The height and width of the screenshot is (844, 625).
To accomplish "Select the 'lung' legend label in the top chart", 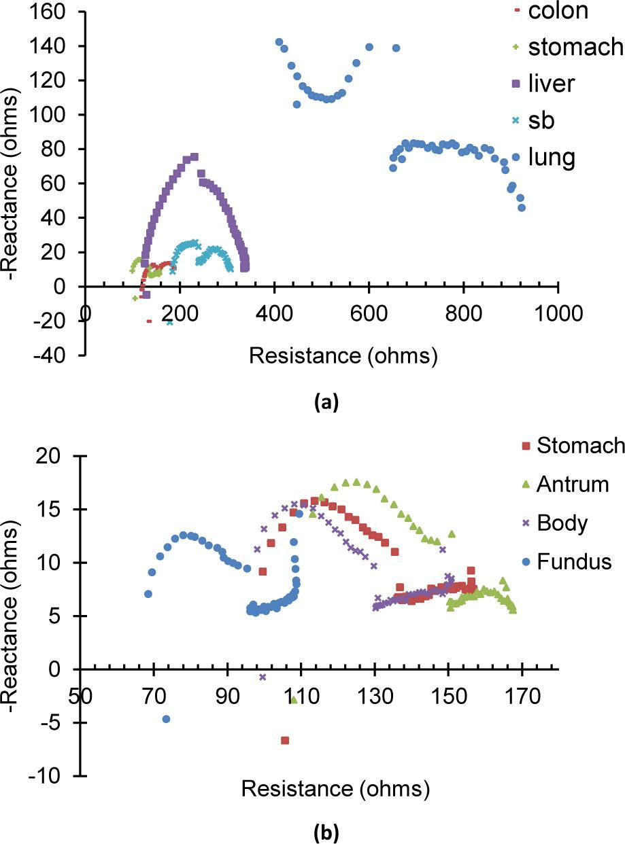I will pyautogui.click(x=552, y=157).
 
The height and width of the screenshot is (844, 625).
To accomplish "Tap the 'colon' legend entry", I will pyautogui.click(x=558, y=11).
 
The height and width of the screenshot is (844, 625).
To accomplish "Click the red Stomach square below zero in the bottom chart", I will pyautogui.click(x=285, y=740).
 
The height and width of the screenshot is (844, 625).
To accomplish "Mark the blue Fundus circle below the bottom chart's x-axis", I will pyautogui.click(x=166, y=719).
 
